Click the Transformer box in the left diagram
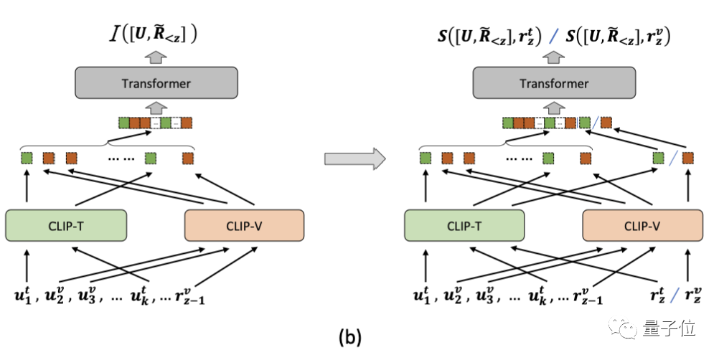click(x=156, y=83)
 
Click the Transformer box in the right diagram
click(x=554, y=83)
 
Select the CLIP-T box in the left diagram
click(x=66, y=225)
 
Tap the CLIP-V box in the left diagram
click(x=244, y=225)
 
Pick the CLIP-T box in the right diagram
click(x=464, y=225)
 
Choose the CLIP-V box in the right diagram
click(x=642, y=225)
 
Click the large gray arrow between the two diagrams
click(x=355, y=159)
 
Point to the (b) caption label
click(x=350, y=338)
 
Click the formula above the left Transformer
click(x=153, y=35)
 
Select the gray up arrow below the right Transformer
click(x=554, y=108)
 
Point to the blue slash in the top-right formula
click(x=554, y=36)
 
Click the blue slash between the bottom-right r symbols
click(x=673, y=295)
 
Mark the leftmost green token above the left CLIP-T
click(x=27, y=158)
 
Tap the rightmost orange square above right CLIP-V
click(x=687, y=158)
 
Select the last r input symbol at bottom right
click(x=693, y=296)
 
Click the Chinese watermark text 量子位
click(x=669, y=328)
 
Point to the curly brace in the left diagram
click(x=108, y=145)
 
